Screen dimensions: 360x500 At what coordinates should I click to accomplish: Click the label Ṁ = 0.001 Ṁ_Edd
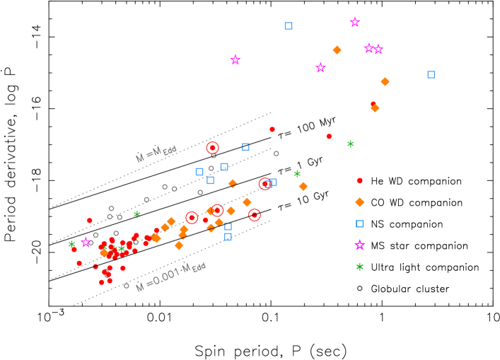170,277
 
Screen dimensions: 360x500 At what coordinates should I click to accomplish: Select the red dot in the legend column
359,180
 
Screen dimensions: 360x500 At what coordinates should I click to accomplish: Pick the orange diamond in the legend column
359,202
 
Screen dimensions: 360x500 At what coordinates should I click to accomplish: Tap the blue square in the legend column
359,223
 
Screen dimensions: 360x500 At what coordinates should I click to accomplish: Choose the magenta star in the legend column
359,245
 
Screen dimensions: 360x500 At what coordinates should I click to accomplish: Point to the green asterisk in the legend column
359,267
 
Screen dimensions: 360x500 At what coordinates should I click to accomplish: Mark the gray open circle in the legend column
359,288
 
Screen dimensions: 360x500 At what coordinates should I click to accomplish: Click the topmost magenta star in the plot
355,23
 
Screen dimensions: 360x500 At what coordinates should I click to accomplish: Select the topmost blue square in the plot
289,26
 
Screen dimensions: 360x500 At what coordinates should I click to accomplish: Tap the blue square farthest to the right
431,74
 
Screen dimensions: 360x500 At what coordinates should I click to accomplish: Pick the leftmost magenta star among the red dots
86,243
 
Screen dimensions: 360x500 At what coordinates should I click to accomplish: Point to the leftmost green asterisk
72,245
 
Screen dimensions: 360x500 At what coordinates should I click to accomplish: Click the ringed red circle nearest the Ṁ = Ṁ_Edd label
212,148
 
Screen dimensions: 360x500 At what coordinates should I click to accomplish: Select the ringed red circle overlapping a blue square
265,184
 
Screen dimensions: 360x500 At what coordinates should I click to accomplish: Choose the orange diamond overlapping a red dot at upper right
375,108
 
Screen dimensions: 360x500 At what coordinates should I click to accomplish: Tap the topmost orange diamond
337,50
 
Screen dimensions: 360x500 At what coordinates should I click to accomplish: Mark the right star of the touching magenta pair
378,50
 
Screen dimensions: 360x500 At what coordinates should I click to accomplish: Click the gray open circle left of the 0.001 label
127,286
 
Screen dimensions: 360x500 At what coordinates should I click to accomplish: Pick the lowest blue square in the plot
228,236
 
